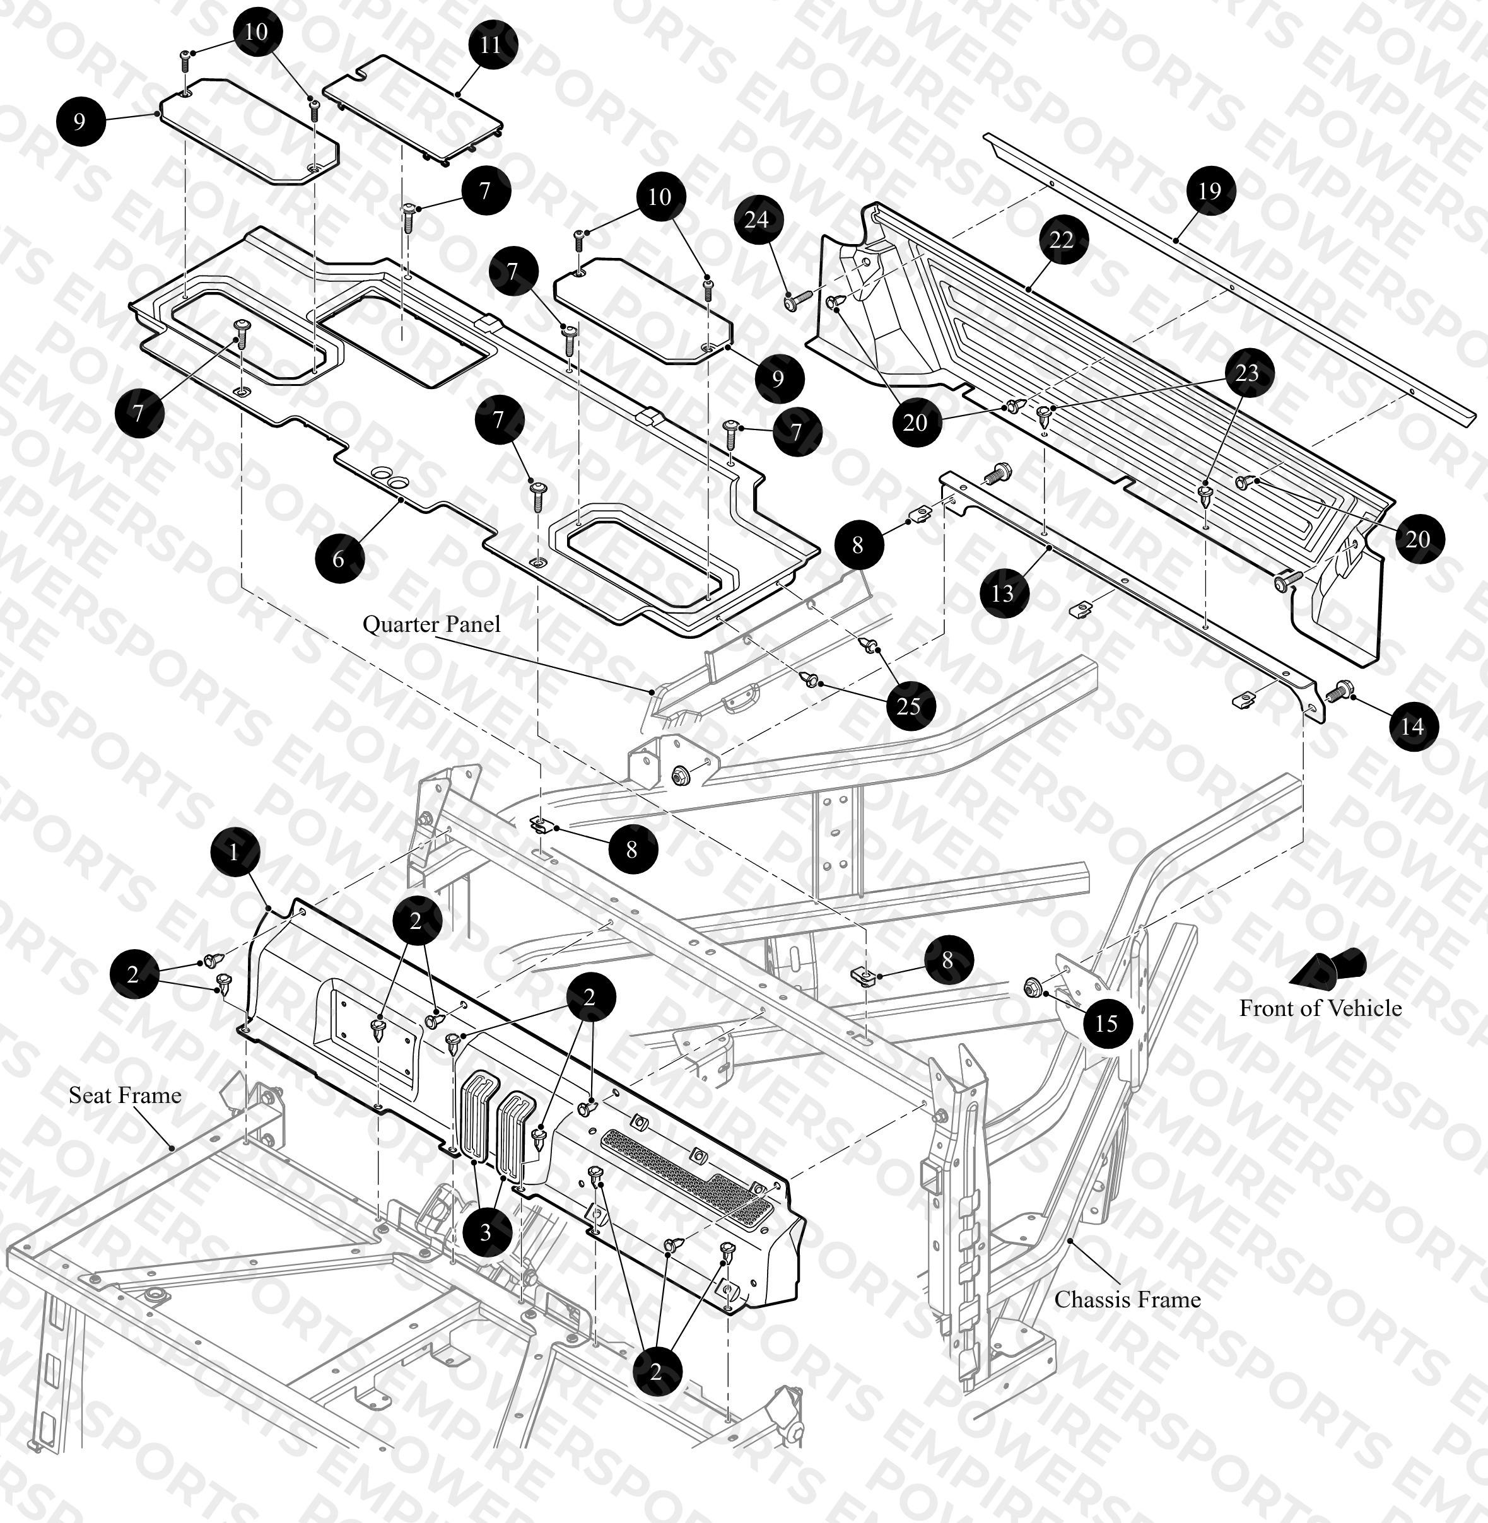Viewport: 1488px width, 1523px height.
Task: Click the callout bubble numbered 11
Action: [490, 45]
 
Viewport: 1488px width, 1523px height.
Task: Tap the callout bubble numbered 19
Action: [1210, 190]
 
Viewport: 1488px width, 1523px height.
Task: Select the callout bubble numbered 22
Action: [1062, 240]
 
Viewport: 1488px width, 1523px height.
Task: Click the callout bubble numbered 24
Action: [756, 219]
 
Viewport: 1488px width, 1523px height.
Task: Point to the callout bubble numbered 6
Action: [338, 558]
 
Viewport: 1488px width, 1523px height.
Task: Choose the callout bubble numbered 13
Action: [1003, 593]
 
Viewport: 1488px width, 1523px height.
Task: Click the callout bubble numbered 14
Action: [1412, 726]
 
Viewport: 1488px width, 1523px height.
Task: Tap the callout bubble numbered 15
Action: [1106, 1023]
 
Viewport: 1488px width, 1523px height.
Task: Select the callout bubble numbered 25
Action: [909, 706]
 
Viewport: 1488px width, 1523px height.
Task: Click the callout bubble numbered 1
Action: [233, 852]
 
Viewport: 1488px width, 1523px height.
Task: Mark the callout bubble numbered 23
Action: [1246, 372]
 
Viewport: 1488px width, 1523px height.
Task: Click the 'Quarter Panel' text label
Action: [431, 624]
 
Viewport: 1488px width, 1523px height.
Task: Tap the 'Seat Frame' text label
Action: [125, 1095]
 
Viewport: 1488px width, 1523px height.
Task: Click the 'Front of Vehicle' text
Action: [1320, 1008]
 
